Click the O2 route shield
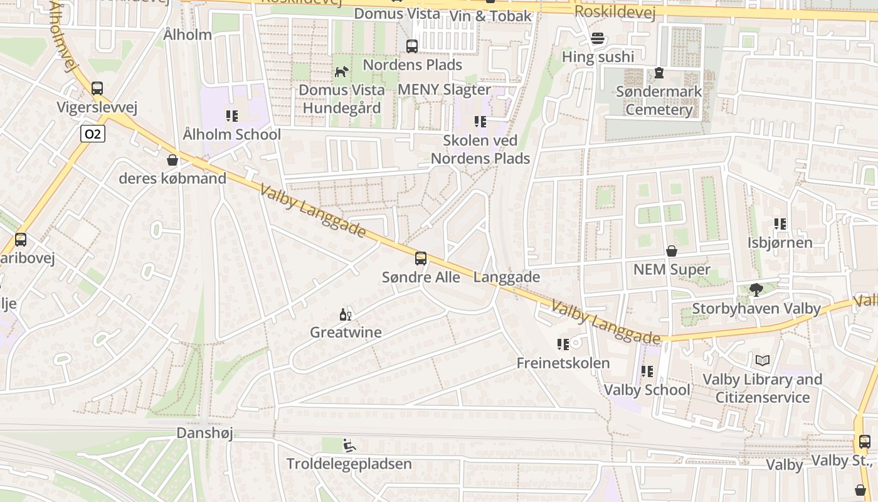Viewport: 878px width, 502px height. [x=92, y=134]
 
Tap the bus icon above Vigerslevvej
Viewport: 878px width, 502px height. [x=97, y=88]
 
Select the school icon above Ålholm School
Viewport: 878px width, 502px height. [x=232, y=116]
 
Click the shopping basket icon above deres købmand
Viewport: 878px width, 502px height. [x=172, y=160]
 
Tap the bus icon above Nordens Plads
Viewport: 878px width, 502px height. [x=412, y=46]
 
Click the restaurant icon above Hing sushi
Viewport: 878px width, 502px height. [x=598, y=39]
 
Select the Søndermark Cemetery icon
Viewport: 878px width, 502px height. [x=658, y=73]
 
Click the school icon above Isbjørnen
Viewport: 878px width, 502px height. [x=780, y=224]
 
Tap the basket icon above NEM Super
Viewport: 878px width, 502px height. [x=672, y=252]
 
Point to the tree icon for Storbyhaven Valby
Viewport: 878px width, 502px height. [x=756, y=290]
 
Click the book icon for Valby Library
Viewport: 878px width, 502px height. [x=762, y=361]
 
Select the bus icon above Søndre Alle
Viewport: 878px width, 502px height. [x=421, y=259]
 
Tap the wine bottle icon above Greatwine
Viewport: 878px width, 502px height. [x=346, y=314]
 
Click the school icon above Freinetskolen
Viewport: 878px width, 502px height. [x=563, y=344]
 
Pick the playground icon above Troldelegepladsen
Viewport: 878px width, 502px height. [x=349, y=446]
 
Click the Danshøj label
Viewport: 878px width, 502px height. [x=204, y=433]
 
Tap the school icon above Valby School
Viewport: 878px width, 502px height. [x=647, y=371]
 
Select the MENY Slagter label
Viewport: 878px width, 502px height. [x=444, y=90]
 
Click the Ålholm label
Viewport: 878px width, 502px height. [x=188, y=35]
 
